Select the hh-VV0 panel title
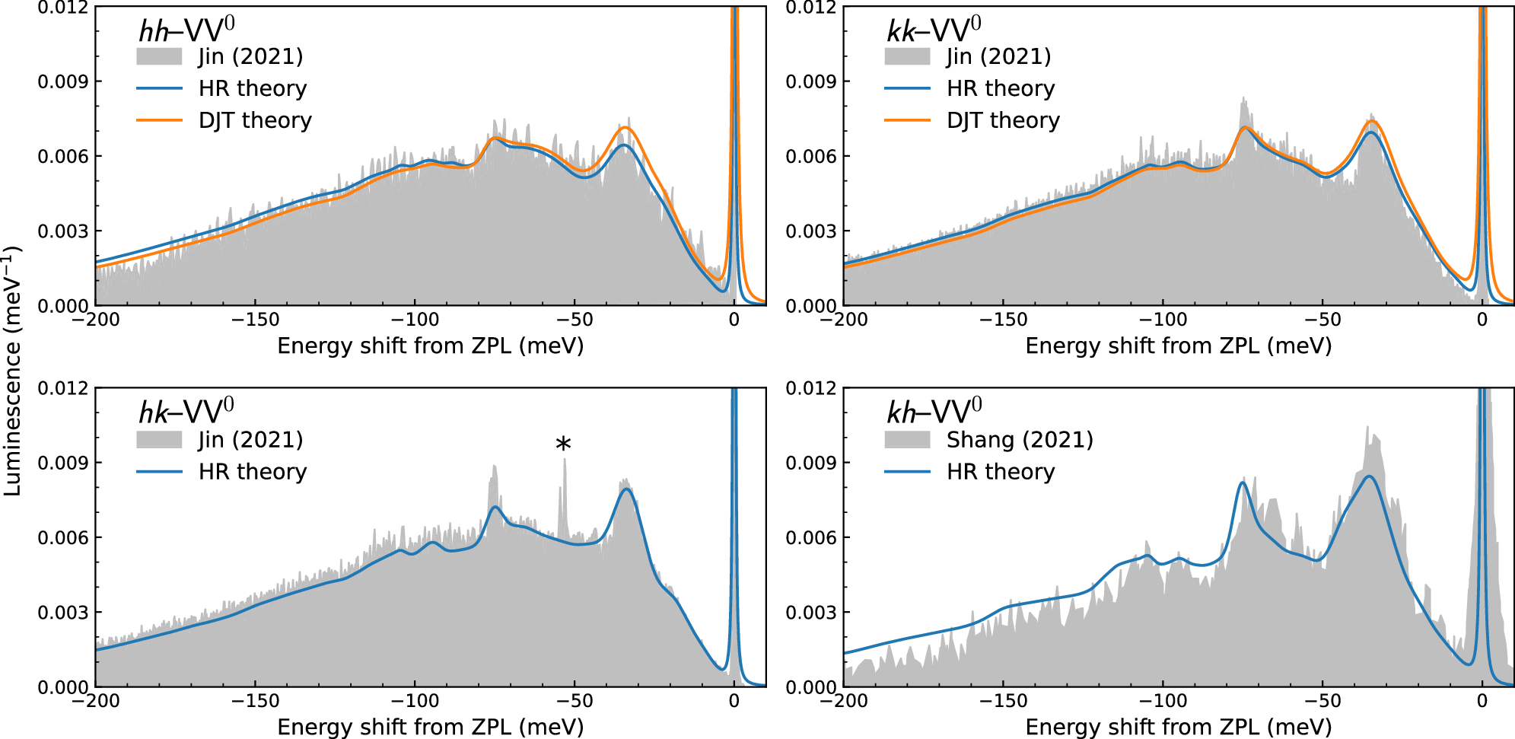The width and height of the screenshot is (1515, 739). [186, 30]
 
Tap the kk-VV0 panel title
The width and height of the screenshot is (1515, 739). [934, 30]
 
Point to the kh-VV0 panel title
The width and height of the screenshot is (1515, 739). [934, 413]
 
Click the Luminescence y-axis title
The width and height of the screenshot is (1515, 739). [11, 371]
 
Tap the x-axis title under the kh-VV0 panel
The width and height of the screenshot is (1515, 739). [1178, 727]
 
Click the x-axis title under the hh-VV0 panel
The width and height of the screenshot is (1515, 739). [430, 346]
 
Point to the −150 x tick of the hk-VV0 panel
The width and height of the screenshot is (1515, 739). [255, 701]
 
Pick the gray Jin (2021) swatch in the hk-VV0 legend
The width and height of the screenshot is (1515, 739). [159, 440]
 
